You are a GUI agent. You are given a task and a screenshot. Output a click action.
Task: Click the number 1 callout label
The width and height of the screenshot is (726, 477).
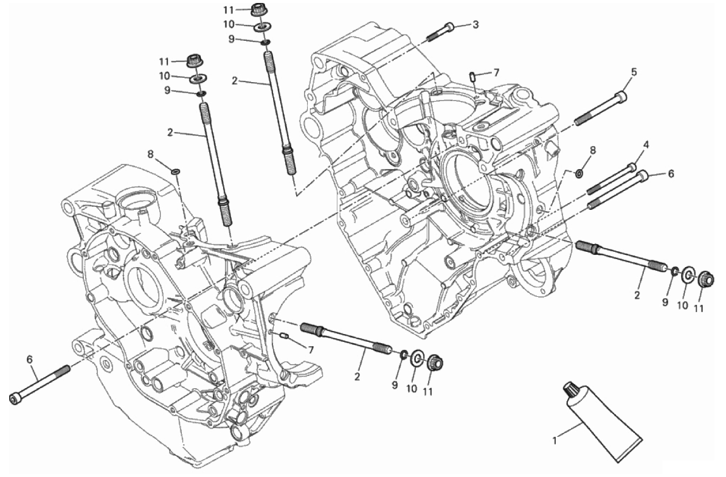[x=555, y=440]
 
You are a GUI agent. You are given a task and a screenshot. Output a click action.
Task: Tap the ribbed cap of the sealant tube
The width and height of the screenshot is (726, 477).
[x=572, y=391]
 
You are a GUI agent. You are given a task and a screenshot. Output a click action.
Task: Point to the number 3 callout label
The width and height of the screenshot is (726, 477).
[x=475, y=24]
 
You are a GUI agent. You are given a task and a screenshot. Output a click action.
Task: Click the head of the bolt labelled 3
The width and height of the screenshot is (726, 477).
[x=449, y=27]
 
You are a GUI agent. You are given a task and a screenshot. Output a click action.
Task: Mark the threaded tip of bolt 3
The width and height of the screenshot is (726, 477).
[x=428, y=37]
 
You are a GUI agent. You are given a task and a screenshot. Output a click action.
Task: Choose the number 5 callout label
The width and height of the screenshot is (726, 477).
[x=634, y=72]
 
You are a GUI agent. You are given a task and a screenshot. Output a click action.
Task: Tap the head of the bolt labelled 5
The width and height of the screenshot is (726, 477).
[x=621, y=97]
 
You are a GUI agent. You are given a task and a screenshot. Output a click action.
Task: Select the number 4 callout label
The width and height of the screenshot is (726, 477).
[x=646, y=144]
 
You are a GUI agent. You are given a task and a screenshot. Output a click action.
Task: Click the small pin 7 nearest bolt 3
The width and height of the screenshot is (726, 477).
[x=472, y=76]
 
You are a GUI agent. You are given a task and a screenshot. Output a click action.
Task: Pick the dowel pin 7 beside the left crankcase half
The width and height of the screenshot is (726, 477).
[x=284, y=336]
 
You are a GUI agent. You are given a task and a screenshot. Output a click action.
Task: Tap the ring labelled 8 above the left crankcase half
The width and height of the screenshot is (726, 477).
[x=176, y=172]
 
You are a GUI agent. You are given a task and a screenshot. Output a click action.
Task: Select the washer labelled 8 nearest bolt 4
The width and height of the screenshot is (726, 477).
[x=579, y=174]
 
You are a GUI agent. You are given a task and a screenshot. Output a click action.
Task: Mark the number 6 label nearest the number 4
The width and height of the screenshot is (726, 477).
[x=671, y=173]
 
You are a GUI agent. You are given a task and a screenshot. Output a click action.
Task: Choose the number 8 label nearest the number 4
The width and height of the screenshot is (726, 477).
[x=593, y=150]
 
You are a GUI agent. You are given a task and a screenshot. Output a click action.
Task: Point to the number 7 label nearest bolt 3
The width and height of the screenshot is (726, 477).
[x=496, y=72]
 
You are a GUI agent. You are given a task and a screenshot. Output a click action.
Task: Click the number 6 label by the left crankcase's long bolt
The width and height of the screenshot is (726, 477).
[x=30, y=359]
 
